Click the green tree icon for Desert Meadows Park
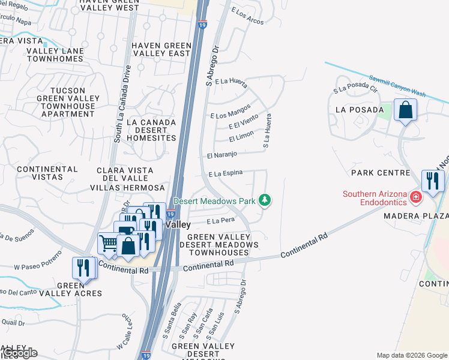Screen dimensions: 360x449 click(x=265, y=200)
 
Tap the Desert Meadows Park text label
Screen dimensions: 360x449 click(x=214, y=201)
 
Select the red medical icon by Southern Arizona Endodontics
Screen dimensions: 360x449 click(x=415, y=197)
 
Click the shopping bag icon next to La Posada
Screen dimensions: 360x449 click(x=406, y=110)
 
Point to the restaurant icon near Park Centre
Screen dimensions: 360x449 click(x=433, y=180)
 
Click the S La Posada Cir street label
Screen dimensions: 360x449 click(x=356, y=90)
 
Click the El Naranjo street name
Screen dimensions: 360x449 click(x=221, y=155)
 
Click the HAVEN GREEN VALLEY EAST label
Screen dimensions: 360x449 click(x=161, y=49)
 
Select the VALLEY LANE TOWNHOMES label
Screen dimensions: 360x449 click(x=54, y=55)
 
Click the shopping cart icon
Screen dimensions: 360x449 click(x=109, y=243)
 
